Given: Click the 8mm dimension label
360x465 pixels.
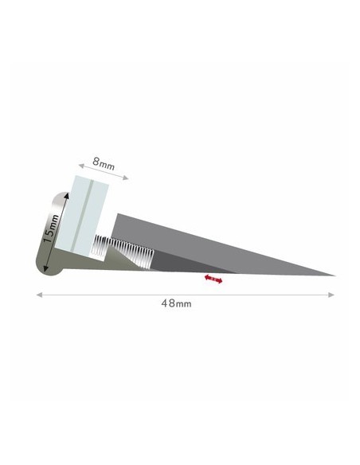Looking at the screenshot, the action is (104, 164).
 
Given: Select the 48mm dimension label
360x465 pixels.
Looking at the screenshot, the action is (176, 303).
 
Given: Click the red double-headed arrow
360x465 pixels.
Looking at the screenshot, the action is (213, 279).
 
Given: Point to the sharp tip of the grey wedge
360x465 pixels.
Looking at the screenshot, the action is (335, 275).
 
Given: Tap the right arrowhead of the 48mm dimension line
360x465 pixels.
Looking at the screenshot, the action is (331, 295).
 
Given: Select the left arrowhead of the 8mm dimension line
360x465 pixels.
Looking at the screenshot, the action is (81, 166).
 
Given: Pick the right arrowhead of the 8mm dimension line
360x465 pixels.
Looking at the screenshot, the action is (125, 178).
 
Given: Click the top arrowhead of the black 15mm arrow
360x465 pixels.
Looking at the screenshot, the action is (66, 195).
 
